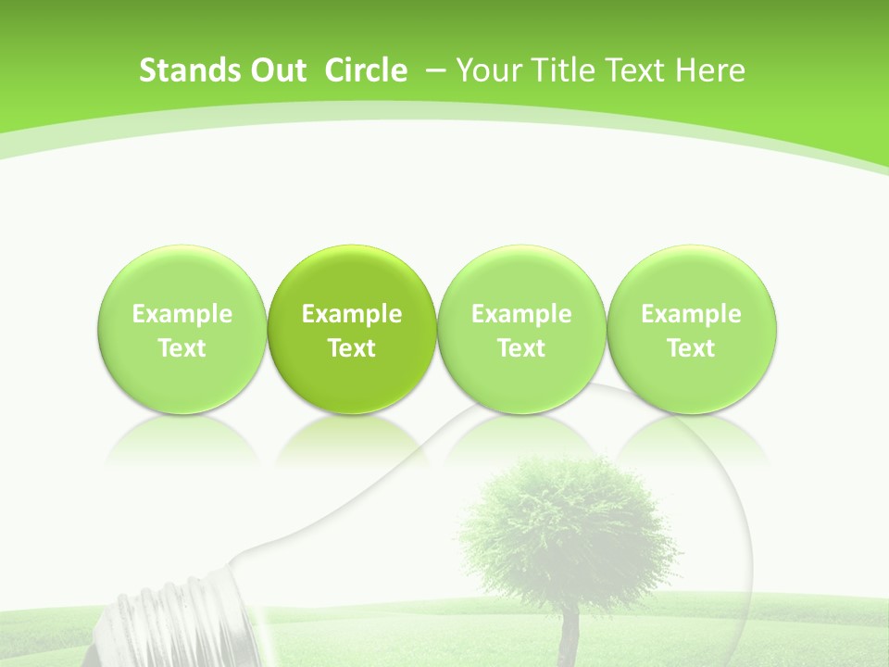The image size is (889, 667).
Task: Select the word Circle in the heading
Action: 366,70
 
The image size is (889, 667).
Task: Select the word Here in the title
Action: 708,70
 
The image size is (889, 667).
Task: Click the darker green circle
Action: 352,278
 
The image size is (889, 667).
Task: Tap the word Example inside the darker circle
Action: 352,314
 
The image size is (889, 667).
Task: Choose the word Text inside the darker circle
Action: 352,348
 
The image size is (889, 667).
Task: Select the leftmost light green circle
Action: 182,278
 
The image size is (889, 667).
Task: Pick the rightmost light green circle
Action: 692,278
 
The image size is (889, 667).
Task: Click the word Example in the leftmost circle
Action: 182,314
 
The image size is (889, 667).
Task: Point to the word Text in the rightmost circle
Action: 692,348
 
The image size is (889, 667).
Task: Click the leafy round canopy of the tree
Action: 565,528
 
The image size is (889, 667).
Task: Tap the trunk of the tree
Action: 569,635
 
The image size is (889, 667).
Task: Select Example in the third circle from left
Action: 521,314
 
